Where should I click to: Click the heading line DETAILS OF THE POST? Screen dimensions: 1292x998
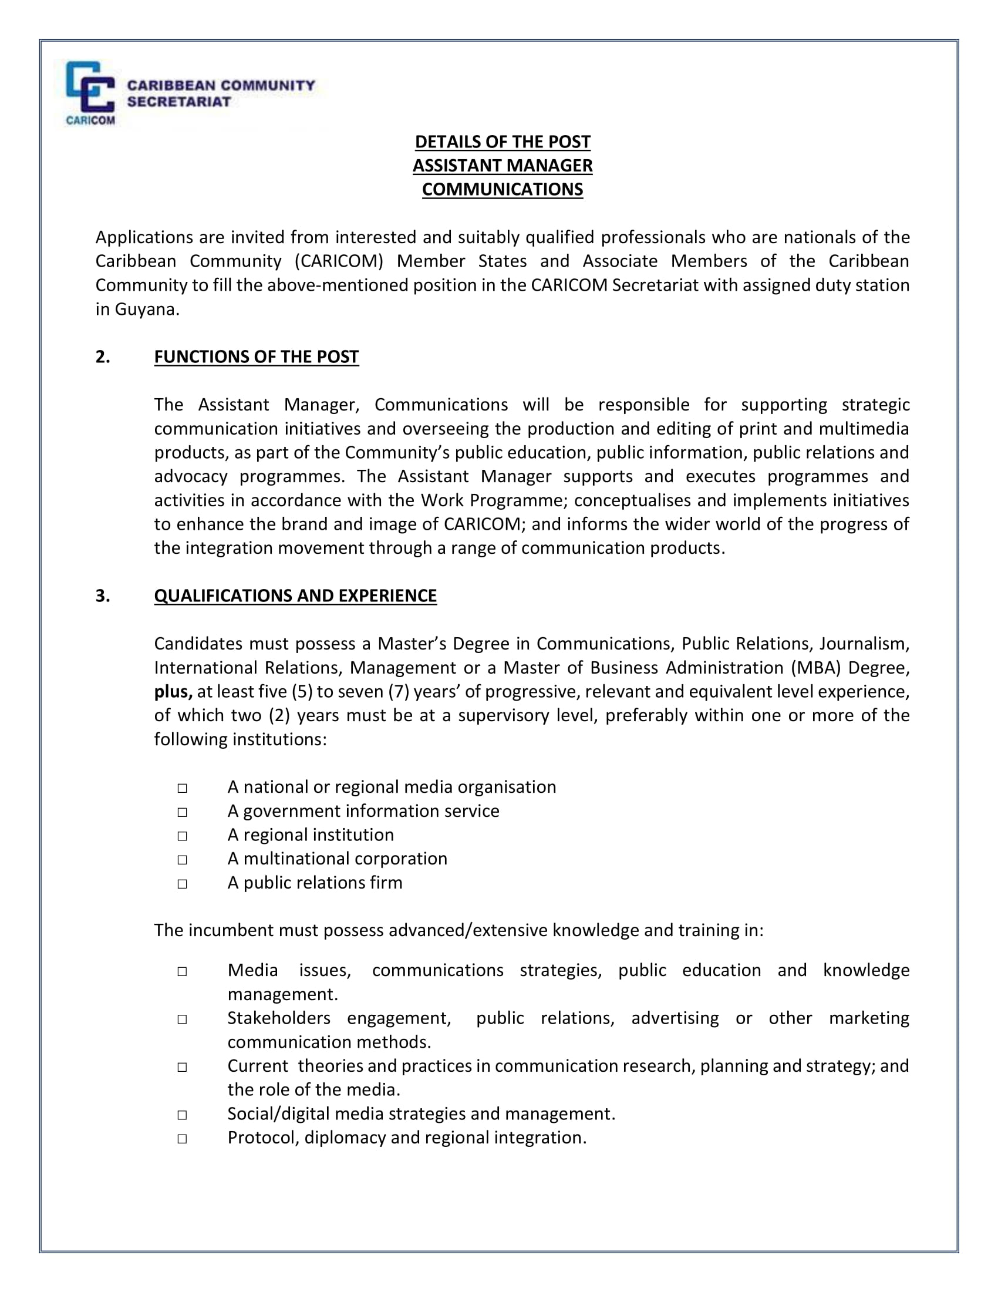[503, 142]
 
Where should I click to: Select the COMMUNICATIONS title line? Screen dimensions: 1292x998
[503, 189]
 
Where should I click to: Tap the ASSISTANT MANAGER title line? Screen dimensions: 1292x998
[503, 166]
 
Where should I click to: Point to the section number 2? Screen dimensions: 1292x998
[103, 356]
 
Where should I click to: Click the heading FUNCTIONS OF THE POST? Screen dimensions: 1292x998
[257, 356]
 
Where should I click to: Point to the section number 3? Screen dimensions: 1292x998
[103, 595]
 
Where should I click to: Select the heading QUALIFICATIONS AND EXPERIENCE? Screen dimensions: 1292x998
[296, 595]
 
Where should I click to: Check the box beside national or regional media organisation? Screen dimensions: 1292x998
[182, 788]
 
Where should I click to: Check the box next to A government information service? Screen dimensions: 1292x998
[182, 812]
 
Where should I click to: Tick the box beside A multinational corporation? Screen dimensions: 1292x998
[182, 860]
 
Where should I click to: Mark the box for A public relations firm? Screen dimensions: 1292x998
[182, 884]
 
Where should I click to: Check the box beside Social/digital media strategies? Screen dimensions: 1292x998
[182, 1115]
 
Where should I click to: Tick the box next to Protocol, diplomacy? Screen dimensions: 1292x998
[182, 1139]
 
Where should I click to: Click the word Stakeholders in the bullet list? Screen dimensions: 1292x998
[279, 1018]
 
